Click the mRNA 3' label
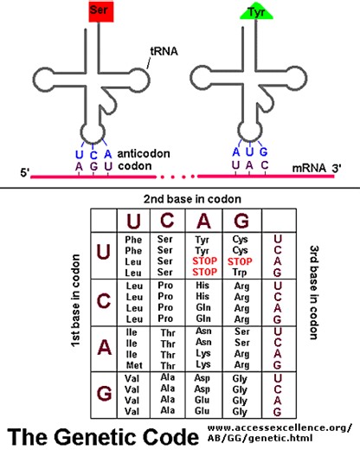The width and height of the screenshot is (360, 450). (309, 171)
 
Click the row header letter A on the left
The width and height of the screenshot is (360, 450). (104, 346)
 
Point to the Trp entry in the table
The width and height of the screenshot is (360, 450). (242, 273)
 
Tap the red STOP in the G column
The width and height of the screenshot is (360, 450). (242, 262)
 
